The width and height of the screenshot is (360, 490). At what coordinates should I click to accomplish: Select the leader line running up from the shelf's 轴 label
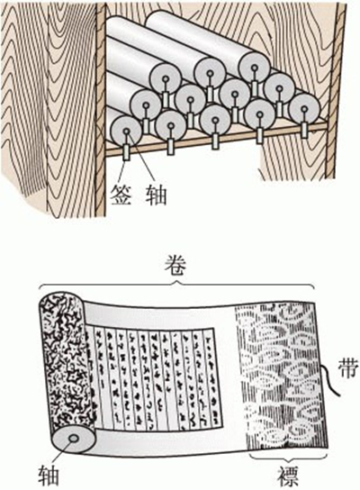[x=144, y=167]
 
